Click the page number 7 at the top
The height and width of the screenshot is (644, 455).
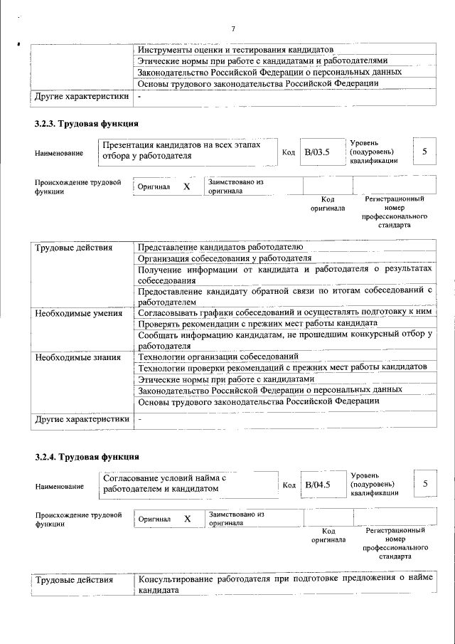tap(232, 28)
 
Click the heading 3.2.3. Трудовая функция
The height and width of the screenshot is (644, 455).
tap(86, 124)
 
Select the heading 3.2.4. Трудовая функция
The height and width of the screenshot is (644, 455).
tap(86, 456)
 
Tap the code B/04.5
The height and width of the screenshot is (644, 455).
tap(317, 485)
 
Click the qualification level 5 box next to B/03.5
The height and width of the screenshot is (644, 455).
tap(424, 152)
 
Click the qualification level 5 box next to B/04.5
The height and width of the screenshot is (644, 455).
tap(424, 484)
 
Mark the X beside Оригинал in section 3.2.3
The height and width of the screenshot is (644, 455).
tap(186, 186)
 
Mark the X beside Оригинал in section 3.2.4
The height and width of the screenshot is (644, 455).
tap(187, 519)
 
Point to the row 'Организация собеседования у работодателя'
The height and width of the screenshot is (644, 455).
tap(225, 258)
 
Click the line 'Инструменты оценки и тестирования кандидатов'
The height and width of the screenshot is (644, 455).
tap(235, 50)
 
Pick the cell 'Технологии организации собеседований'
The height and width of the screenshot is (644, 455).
tap(218, 356)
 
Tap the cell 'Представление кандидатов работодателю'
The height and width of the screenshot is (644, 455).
tap(220, 246)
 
